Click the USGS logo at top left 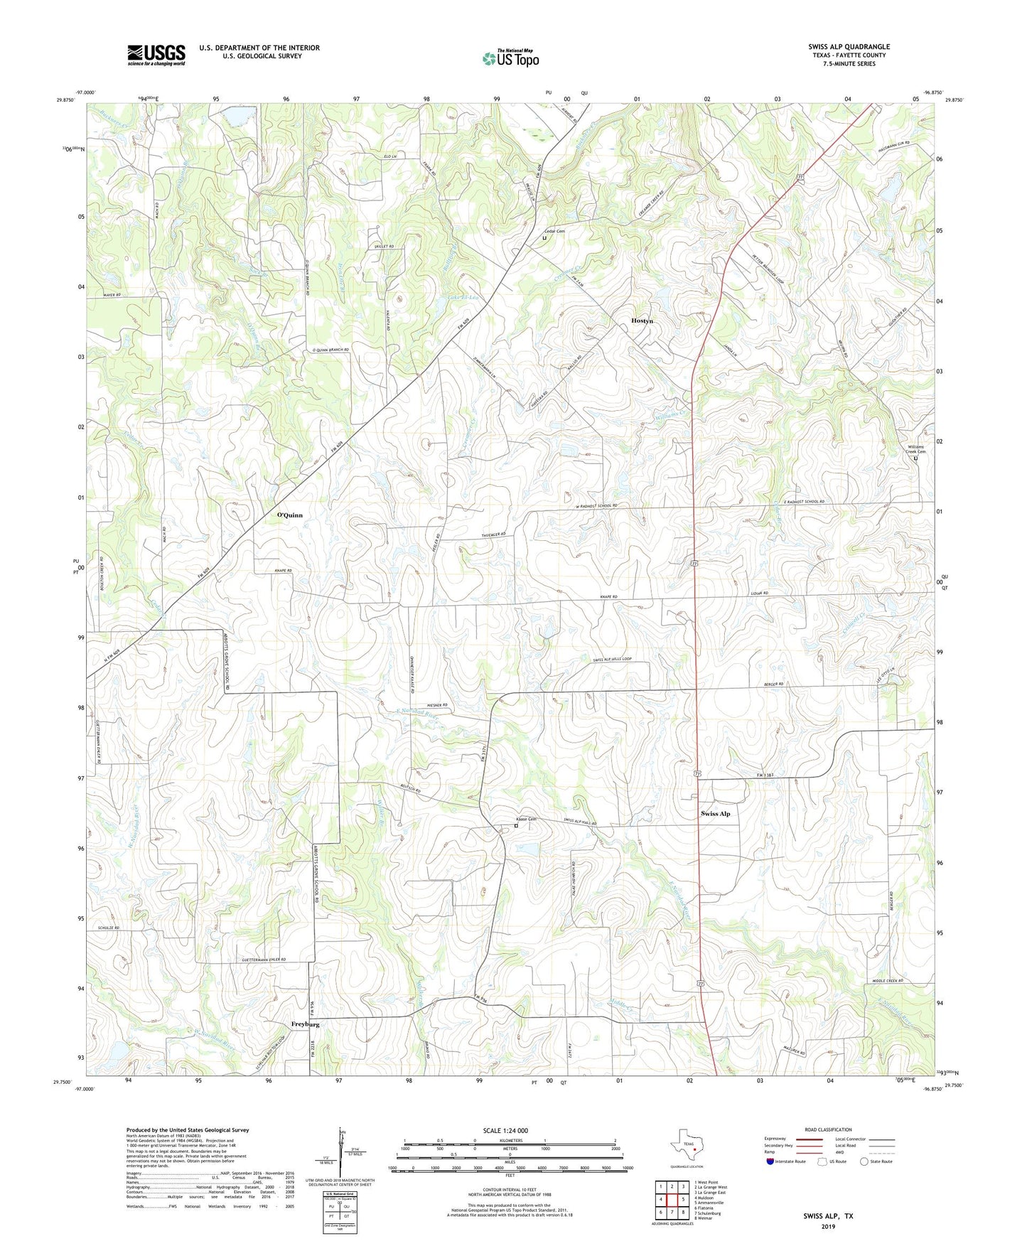click(x=156, y=55)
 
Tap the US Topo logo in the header click(x=510, y=58)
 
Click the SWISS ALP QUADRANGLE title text click(x=848, y=47)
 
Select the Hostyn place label click(x=642, y=321)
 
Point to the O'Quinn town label click(x=289, y=515)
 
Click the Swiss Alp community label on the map click(x=715, y=813)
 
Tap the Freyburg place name click(x=305, y=1024)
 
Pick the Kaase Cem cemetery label click(x=525, y=819)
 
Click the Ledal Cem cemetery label click(x=554, y=231)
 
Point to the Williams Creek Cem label click(x=917, y=449)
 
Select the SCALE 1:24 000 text click(x=505, y=1131)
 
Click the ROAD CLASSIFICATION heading click(x=828, y=1129)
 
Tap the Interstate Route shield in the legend click(x=771, y=1161)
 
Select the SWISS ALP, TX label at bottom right click(x=828, y=1216)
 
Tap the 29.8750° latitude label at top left click(x=65, y=100)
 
